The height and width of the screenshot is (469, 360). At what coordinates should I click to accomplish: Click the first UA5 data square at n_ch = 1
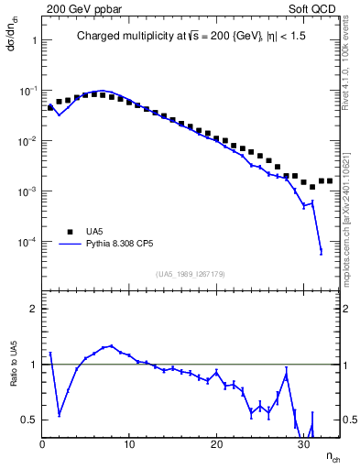point(51,107)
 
